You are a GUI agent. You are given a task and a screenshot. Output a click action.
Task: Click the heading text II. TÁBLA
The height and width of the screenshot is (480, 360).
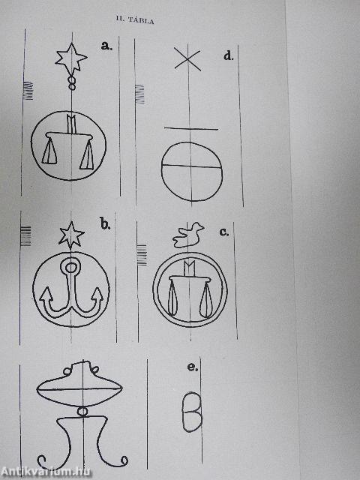[x=135, y=20]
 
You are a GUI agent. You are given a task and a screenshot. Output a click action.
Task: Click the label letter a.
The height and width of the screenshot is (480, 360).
[x=106, y=46]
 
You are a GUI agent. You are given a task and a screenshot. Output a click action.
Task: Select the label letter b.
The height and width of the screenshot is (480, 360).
[x=105, y=224]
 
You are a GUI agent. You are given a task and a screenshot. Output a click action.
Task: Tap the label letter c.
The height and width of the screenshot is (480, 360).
[x=223, y=232]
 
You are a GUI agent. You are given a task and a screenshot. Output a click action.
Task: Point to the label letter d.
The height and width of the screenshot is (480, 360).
[x=228, y=55]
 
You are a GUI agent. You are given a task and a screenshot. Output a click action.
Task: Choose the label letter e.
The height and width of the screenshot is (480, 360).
[x=192, y=367]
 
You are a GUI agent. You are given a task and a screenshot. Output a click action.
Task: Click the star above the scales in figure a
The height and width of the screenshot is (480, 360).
[x=71, y=59]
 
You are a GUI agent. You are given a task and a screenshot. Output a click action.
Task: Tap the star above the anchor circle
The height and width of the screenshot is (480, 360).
[x=71, y=235]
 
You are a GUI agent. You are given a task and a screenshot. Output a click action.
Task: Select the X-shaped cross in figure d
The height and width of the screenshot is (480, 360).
[x=187, y=59]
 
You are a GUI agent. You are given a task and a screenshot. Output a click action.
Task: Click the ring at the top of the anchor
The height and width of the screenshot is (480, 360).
[x=70, y=267]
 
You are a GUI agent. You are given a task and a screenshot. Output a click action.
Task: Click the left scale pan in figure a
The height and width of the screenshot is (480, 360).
[x=49, y=151]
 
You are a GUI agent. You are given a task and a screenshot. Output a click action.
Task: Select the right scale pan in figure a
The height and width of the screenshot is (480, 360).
[x=87, y=155]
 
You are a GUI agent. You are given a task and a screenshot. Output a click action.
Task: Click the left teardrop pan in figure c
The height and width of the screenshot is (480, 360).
[x=172, y=298]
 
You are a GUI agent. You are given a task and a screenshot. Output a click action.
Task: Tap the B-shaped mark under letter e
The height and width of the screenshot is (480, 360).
[x=192, y=412]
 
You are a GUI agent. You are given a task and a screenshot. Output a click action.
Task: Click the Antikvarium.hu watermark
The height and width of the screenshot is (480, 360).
[x=46, y=472]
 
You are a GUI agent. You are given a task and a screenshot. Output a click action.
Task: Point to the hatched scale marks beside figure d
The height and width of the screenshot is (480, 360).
[x=139, y=94]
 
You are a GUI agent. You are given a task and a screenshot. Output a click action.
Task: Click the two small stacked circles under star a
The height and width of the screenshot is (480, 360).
[x=72, y=83]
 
